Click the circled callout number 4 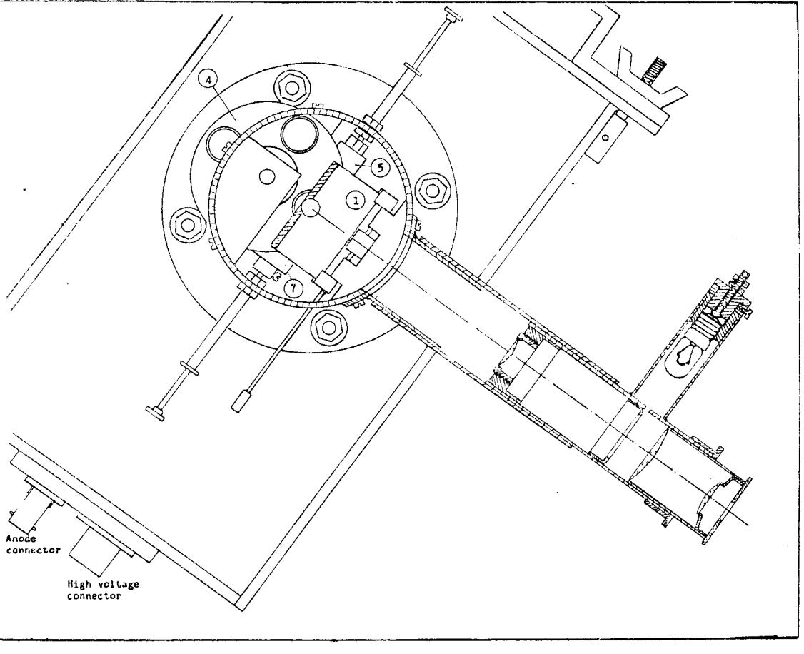coord(210,80)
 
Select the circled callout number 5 coord(379,167)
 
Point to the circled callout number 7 coord(293,288)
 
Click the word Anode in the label coord(21,538)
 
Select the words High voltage coord(103,584)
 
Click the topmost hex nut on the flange coord(292,88)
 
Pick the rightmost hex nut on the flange coord(431,190)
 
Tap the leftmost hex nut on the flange coord(187,224)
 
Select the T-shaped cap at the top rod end coord(453,15)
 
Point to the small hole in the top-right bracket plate coord(605,137)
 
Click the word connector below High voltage coord(94,596)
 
